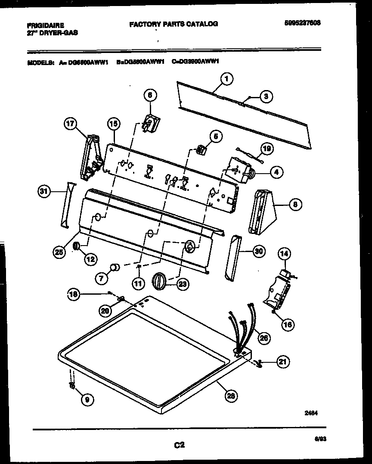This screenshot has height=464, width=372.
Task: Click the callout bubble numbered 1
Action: click(x=226, y=79)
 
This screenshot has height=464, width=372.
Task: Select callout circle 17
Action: click(x=70, y=125)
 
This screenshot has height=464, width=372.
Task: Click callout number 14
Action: click(x=284, y=254)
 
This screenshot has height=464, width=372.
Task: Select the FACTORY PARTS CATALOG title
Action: click(x=174, y=24)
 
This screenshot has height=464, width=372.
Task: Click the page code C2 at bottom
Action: click(x=179, y=446)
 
